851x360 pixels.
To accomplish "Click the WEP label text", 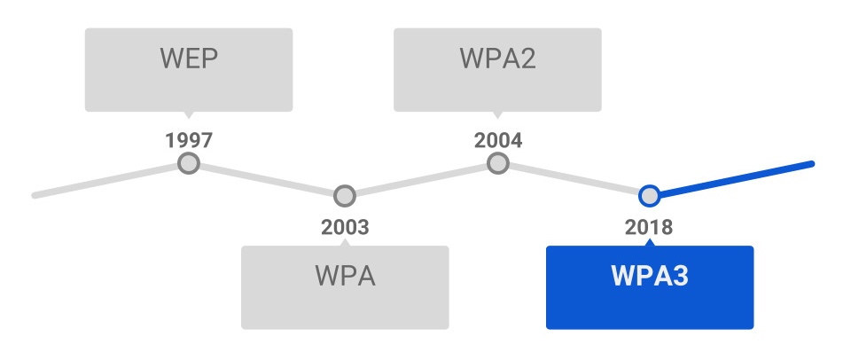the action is pos(189,59).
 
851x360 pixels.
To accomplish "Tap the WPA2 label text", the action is pos(497,59).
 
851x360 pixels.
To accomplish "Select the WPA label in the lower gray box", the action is pos(345,276).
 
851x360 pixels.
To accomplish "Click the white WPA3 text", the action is pos(650,276).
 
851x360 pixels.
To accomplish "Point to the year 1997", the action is pos(189,141).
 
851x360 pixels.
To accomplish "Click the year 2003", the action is pos(345,227).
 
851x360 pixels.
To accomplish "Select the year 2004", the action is pos(497,141).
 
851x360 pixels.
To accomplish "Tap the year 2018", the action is pos(649,227).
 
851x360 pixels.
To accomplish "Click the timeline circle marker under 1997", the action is pos(189,163).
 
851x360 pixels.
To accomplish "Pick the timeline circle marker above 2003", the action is pos(345,196).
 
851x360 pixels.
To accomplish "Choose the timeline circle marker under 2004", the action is pos(497,163).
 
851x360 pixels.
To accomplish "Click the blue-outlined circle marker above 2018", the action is pos(649,196).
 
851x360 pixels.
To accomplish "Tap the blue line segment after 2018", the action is pos(736,179).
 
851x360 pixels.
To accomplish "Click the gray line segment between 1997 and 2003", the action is pos(267,180).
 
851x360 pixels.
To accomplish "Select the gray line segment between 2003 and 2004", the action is pos(421,180).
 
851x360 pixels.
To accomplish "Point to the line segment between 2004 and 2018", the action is pos(574,180).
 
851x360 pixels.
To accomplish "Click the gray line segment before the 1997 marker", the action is pos(105,180).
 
